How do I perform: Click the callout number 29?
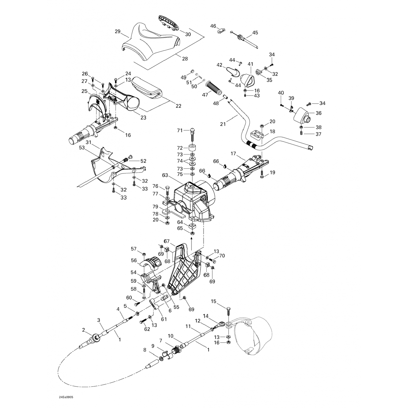pyautogui.click(x=118, y=32)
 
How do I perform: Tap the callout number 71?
pyautogui.click(x=180, y=131)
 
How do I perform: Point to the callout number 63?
pyautogui.click(x=165, y=175)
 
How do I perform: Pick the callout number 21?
pyautogui.click(x=223, y=124)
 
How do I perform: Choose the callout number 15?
pyautogui.click(x=214, y=301)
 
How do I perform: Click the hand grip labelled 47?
pyautogui.click(x=215, y=88)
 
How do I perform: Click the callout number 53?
pyautogui.click(x=82, y=148)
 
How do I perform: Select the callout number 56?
pyautogui.click(x=134, y=260)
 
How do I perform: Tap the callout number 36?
pyautogui.click(x=319, y=113)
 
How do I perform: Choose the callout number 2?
pyautogui.click(x=84, y=330)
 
